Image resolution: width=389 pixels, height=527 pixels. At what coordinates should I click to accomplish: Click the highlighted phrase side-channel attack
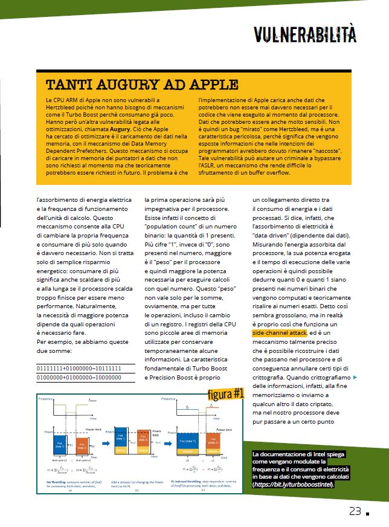coord(280,332)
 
